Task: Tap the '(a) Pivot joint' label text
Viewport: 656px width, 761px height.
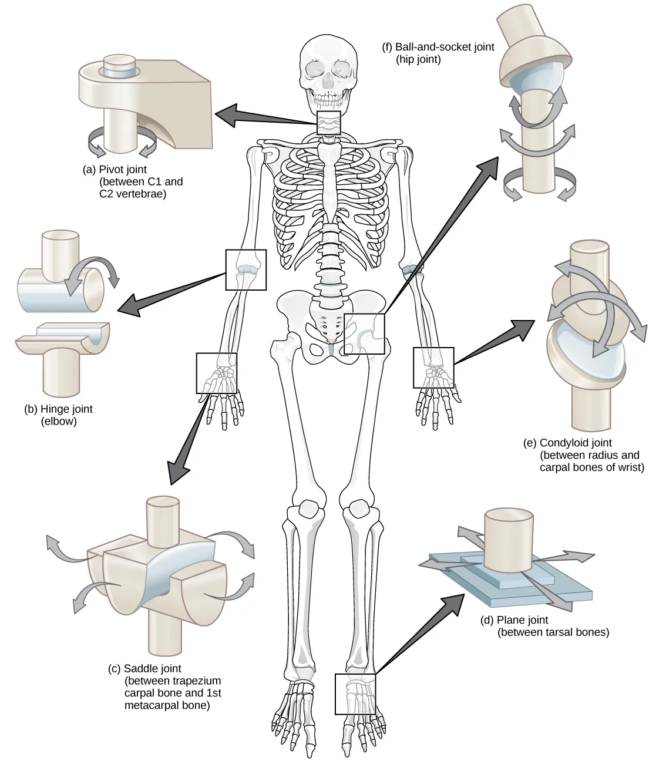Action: point(116,170)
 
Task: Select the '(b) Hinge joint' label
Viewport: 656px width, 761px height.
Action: point(59,409)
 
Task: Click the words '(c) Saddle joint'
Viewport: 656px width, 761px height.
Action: point(144,668)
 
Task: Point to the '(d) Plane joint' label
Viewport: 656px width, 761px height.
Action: point(514,619)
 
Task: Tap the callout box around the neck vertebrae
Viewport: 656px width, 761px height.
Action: point(328,123)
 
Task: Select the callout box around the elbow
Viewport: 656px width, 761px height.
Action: point(245,270)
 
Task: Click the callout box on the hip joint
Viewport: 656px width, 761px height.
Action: point(364,334)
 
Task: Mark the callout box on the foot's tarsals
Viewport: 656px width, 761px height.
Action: point(355,693)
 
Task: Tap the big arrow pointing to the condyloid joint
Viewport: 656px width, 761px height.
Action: point(493,344)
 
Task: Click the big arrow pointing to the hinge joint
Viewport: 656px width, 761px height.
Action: point(170,291)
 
